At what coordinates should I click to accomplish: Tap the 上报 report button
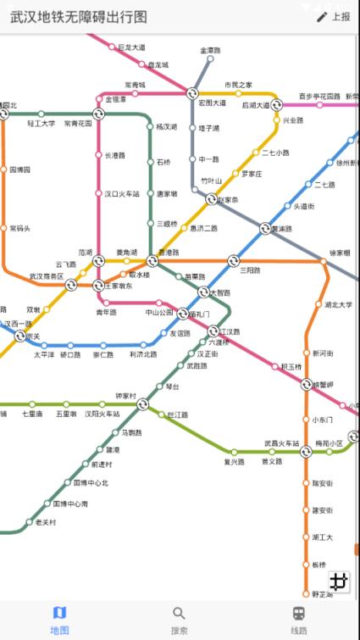pyautogui.click(x=333, y=17)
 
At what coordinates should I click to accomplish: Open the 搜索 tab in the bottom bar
pyautogui.click(x=180, y=620)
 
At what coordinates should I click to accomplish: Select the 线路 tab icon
pyautogui.click(x=299, y=614)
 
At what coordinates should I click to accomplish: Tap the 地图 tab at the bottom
pyautogui.click(x=59, y=620)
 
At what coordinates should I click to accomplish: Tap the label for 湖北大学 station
pyautogui.click(x=339, y=304)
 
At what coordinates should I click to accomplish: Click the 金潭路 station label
pyautogui.click(x=210, y=51)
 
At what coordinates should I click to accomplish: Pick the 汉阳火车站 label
pyautogui.click(x=99, y=414)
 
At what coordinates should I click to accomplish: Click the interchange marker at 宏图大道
pyautogui.click(x=192, y=93)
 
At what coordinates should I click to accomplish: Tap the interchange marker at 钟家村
pyautogui.click(x=142, y=405)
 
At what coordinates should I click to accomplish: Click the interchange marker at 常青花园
pyautogui.click(x=98, y=114)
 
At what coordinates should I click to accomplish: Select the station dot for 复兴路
pyautogui.click(x=235, y=453)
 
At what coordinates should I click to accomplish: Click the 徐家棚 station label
pyautogui.click(x=340, y=252)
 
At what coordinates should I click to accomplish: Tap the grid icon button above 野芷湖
pyautogui.click(x=340, y=581)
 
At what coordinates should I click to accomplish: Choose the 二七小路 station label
pyautogui.click(x=275, y=153)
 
